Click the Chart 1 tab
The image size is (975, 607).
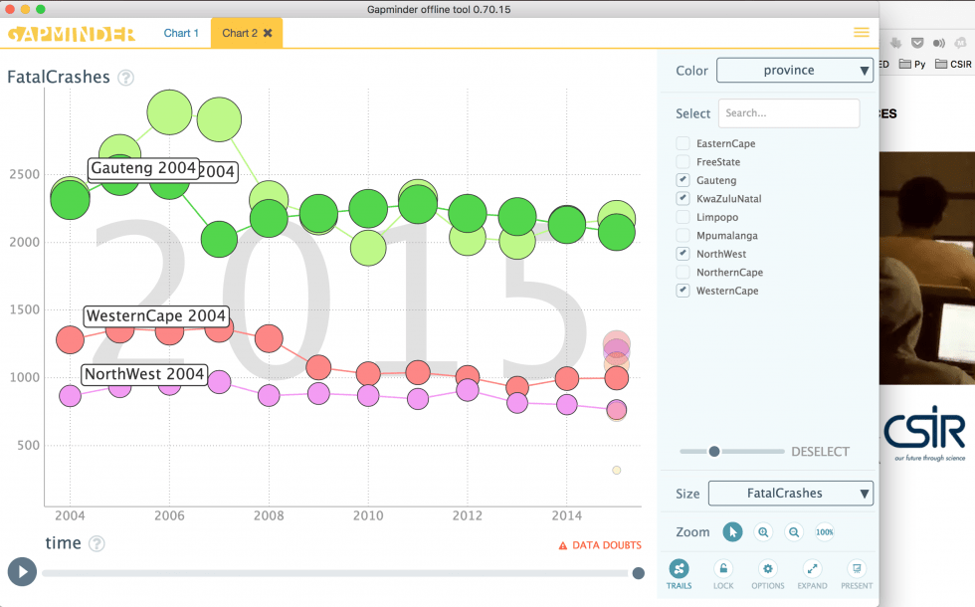click(x=181, y=33)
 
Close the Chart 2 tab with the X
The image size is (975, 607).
click(x=268, y=33)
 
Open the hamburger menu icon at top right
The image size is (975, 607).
click(x=862, y=32)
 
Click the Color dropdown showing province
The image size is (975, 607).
click(x=794, y=71)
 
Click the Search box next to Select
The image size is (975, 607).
click(x=788, y=113)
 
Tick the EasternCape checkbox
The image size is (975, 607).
click(x=682, y=144)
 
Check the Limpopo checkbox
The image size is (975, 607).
click(x=682, y=217)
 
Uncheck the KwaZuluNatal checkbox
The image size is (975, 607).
click(x=682, y=199)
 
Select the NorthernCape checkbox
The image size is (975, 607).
click(x=682, y=273)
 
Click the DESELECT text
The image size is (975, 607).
click(x=820, y=452)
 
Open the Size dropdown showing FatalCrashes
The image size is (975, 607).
click(x=790, y=494)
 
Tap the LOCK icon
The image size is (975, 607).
click(x=723, y=569)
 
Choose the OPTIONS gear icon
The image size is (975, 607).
click(x=767, y=569)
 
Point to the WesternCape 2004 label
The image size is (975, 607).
click(x=156, y=316)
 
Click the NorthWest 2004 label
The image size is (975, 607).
click(x=144, y=375)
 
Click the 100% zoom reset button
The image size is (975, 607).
click(x=825, y=532)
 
